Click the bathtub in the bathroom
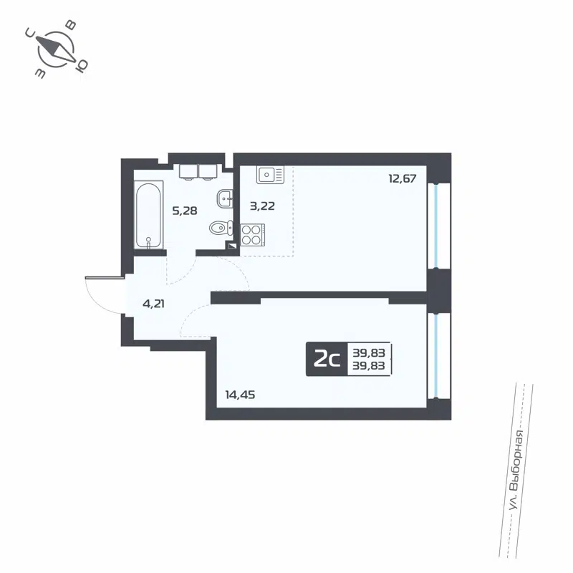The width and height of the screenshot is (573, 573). pos(148,215)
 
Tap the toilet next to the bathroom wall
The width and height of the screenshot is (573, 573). pos(219,228)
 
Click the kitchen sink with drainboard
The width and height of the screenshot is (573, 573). pos(270,174)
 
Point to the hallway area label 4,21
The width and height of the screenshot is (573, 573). pos(155,303)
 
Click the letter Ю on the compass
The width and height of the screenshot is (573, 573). pos(82,66)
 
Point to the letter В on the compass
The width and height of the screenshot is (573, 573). pos(71,24)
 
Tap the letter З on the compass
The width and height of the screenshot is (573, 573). pos(40,74)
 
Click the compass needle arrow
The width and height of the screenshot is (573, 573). pos(56,49)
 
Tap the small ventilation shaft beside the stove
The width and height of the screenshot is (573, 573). pos(231,245)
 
